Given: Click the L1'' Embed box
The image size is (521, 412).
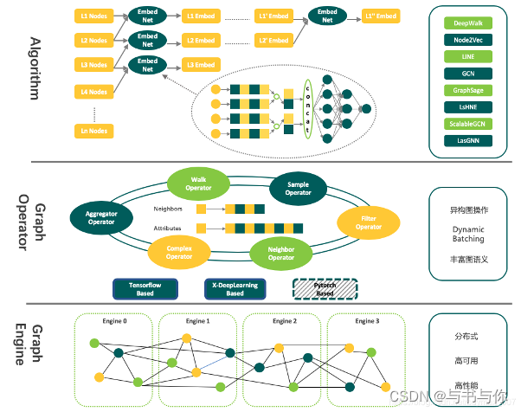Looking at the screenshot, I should pyautogui.click(x=380, y=16).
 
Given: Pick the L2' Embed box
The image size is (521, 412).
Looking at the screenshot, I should pyautogui.click(x=274, y=41).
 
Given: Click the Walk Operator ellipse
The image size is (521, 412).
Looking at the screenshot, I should pyautogui.click(x=199, y=183).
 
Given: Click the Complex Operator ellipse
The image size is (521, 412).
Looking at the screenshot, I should pyautogui.click(x=179, y=252).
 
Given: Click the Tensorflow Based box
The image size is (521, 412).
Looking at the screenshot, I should pyautogui.click(x=144, y=288).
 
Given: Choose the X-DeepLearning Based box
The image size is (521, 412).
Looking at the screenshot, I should pyautogui.click(x=235, y=288).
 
